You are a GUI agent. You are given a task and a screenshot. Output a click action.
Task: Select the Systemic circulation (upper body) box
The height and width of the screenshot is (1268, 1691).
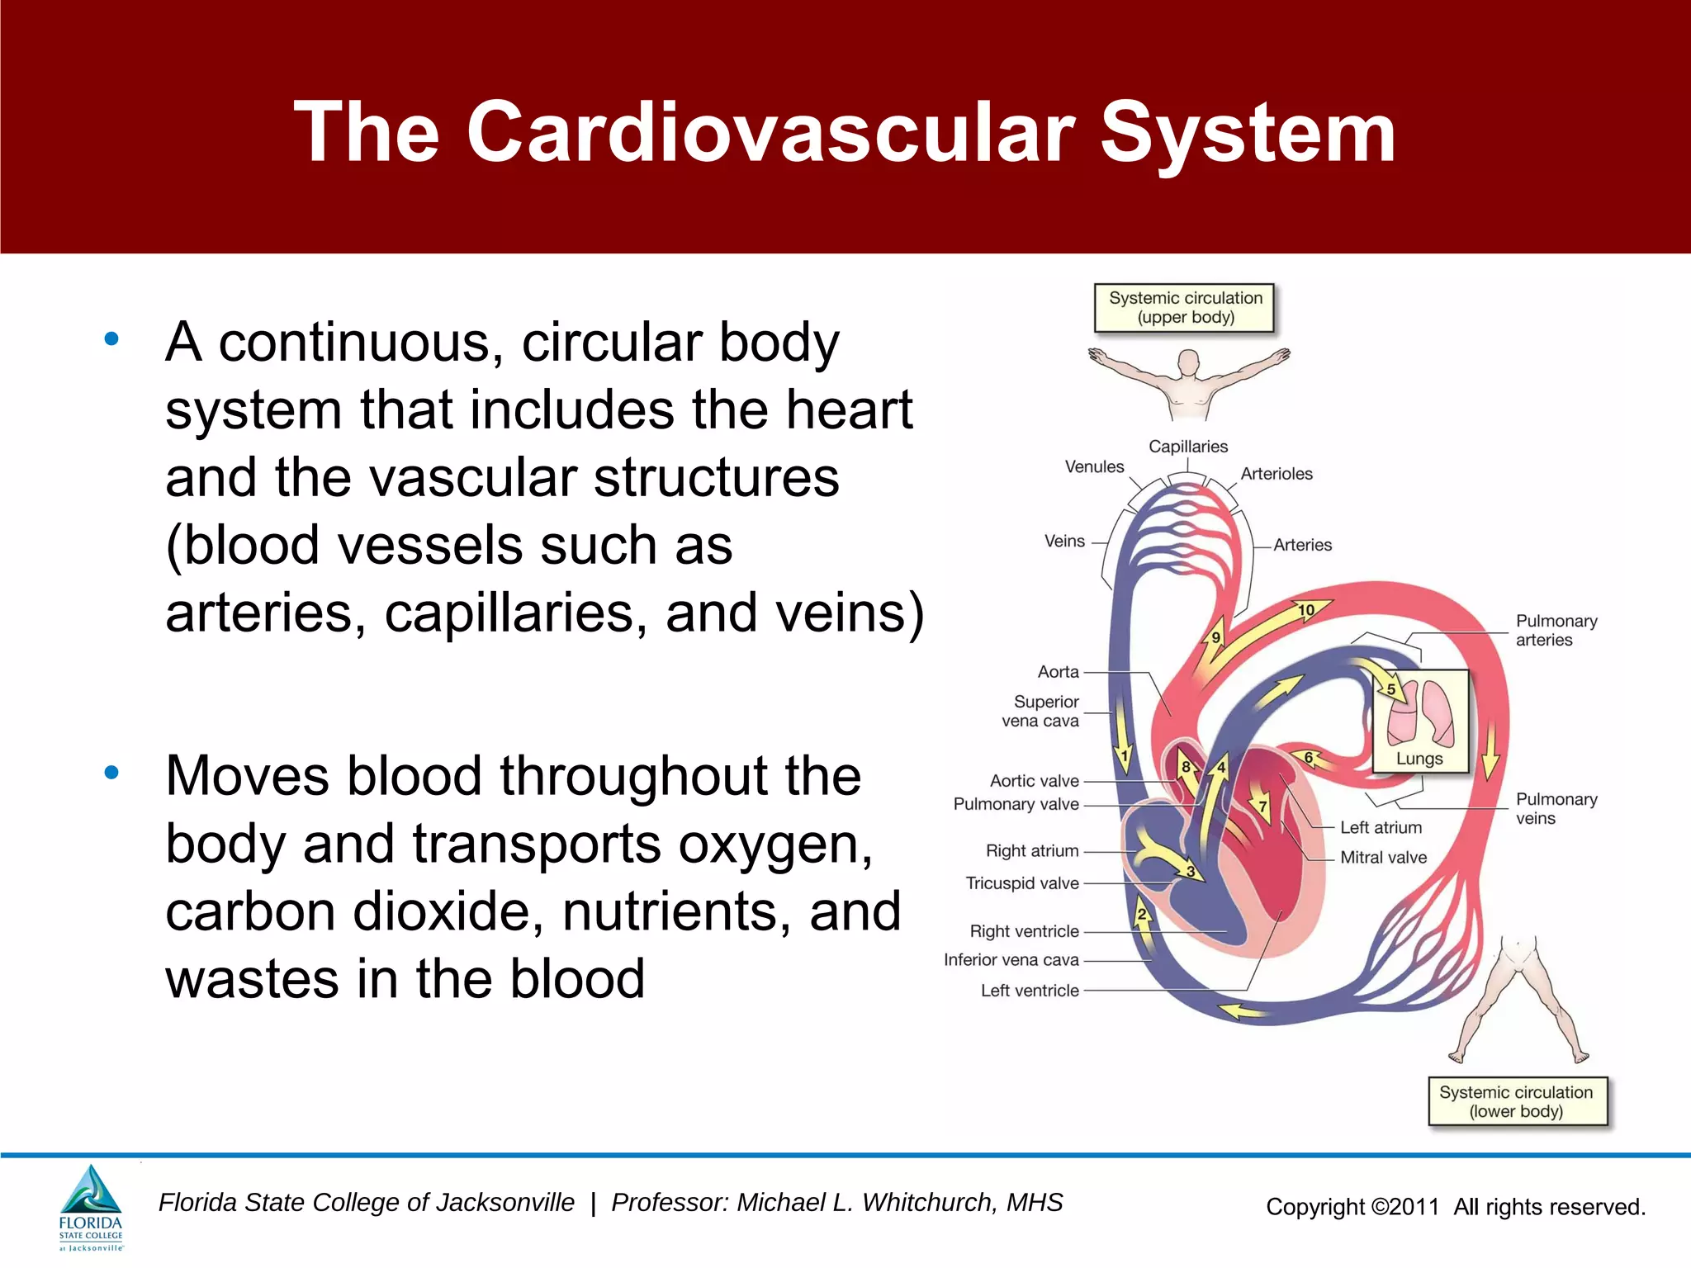1185,308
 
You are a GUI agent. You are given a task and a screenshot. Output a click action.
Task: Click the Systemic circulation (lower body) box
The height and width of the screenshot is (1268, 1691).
1517,1101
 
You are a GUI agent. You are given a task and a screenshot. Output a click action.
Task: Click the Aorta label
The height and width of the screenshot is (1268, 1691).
1059,672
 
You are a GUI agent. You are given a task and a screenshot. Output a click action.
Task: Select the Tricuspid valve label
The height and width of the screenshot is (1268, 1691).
1022,883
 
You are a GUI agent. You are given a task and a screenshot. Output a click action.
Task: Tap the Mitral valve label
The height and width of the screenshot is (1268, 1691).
1383,858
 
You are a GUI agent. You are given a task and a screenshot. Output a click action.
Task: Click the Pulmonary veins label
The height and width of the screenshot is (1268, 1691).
1556,808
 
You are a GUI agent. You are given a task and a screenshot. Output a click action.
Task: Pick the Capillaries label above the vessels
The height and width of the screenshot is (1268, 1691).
1188,447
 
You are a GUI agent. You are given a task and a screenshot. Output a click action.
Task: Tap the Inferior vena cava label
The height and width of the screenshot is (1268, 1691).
1011,960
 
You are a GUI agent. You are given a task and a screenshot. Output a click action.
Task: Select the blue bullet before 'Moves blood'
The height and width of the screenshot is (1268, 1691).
111,773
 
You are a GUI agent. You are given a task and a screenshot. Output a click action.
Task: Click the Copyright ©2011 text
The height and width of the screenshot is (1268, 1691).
1352,1207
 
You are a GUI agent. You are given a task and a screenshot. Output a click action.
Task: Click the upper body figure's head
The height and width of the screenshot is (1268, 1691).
1188,363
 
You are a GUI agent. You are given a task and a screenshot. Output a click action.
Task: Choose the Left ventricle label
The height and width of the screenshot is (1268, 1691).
1030,991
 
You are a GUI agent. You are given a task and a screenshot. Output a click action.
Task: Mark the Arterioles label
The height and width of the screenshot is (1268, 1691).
1277,474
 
